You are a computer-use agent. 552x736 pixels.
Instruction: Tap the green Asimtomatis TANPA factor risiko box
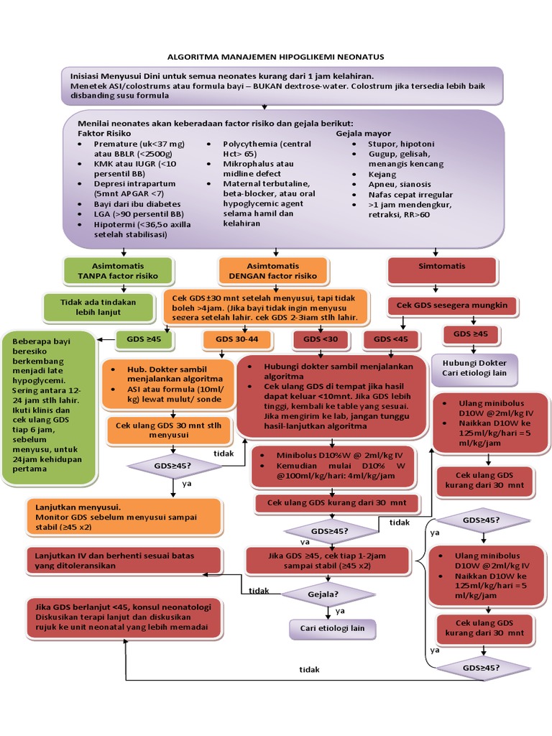point(117,270)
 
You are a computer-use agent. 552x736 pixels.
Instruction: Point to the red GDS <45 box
point(391,338)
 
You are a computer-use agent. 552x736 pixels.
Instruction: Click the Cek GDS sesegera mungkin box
point(453,305)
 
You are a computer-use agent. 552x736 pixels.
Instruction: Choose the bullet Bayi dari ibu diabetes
point(137,204)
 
